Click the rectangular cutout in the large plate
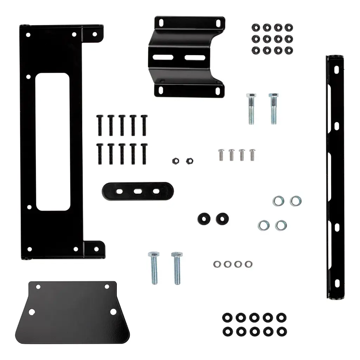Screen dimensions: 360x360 click(52, 142)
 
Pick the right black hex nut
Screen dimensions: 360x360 click(188, 160)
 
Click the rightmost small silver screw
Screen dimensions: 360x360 click(252, 154)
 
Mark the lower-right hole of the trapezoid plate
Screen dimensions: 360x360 click(113, 311)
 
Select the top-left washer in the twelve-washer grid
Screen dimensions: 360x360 click(256, 27)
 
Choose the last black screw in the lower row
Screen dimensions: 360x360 click(143, 153)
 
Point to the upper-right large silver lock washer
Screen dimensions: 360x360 click(296, 201)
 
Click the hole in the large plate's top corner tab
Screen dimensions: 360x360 click(94, 34)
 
